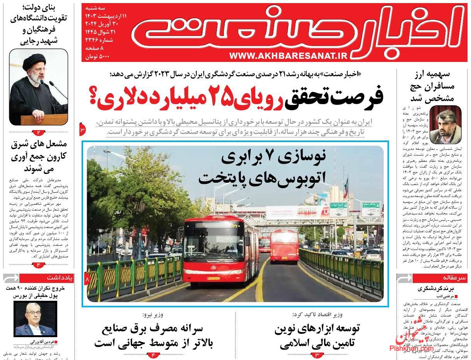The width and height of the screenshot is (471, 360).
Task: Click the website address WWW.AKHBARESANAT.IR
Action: [x=288, y=56]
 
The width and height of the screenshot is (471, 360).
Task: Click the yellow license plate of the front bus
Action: [x=213, y=278]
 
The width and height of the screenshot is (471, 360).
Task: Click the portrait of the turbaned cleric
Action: [x=39, y=87]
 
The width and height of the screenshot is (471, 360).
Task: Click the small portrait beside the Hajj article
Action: [x=446, y=125]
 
